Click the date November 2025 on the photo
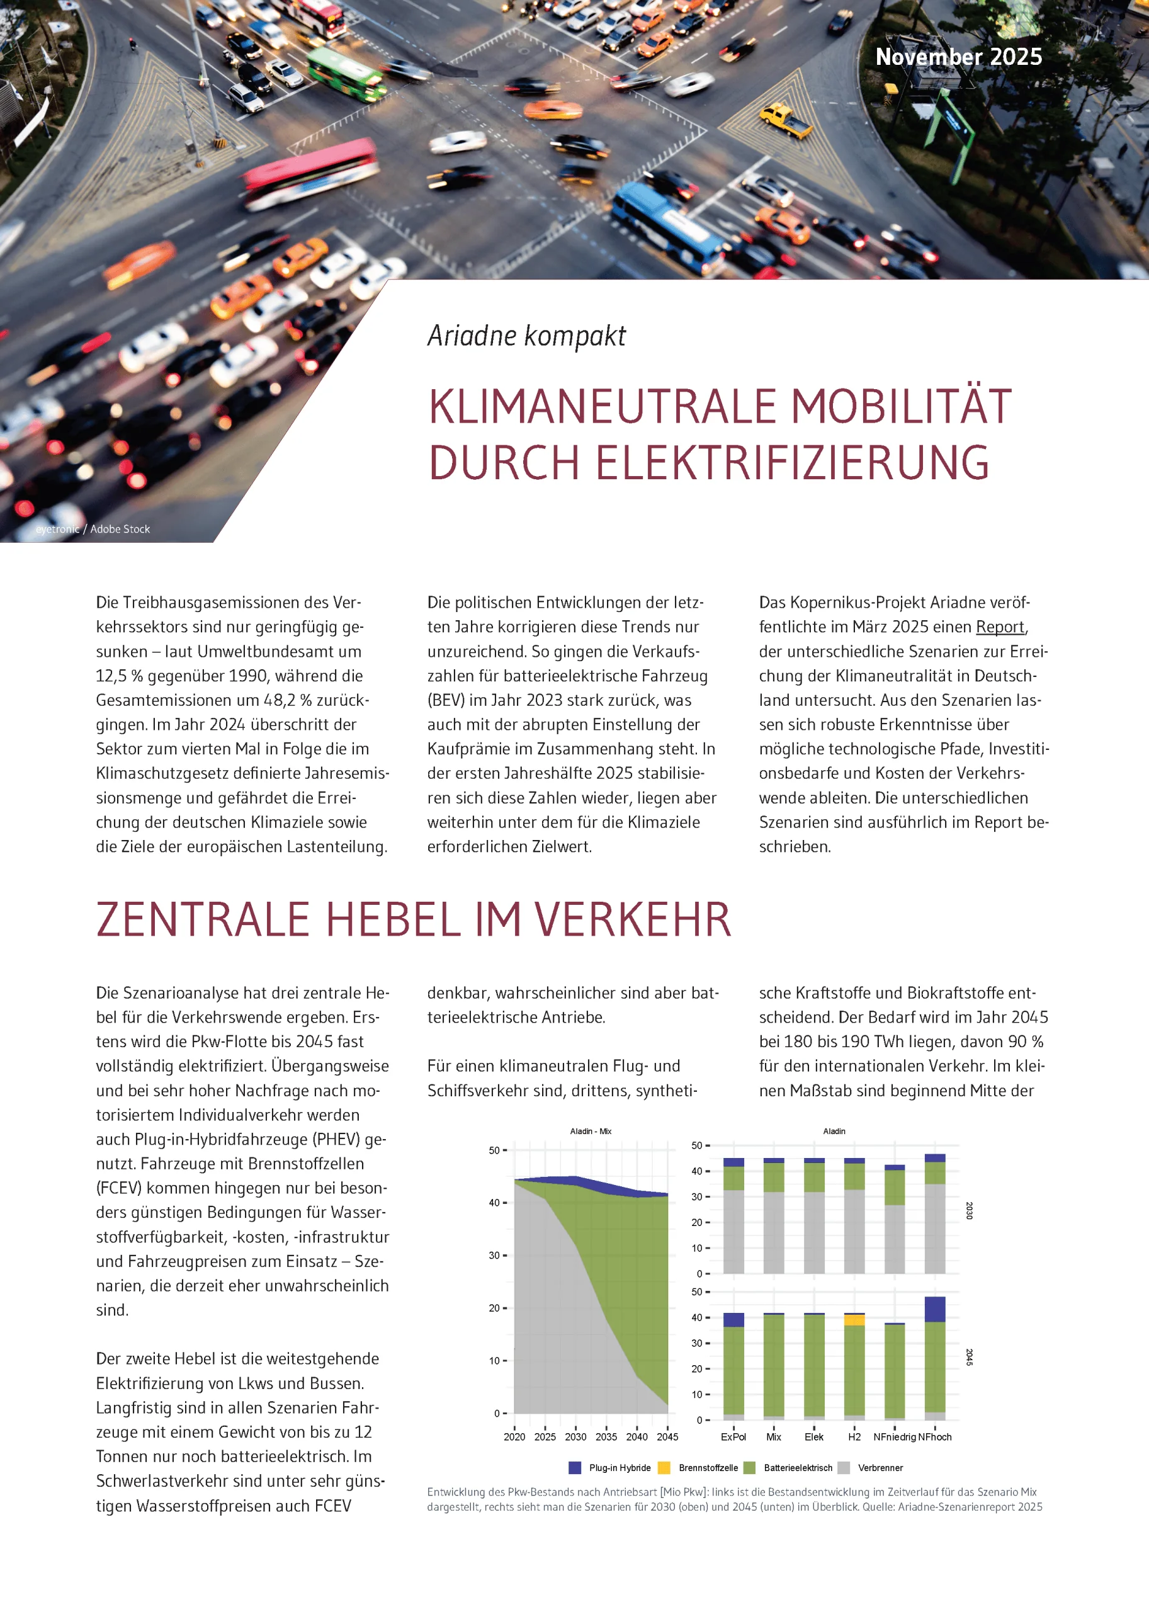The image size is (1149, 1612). [958, 57]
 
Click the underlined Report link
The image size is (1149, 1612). [999, 627]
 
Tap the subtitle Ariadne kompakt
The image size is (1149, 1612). [526, 336]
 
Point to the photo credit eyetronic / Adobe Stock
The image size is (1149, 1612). [93, 530]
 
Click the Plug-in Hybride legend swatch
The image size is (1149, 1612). [574, 1468]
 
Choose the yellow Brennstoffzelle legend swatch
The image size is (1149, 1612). [664, 1468]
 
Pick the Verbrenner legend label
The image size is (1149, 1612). [880, 1468]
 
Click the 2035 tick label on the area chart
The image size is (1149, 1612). [606, 1436]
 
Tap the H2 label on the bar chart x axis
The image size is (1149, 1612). [854, 1436]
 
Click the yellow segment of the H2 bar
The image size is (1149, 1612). [854, 1320]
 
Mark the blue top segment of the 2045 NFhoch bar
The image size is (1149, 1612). [934, 1309]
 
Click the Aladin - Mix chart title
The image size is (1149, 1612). [590, 1132]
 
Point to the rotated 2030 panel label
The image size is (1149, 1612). [970, 1211]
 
